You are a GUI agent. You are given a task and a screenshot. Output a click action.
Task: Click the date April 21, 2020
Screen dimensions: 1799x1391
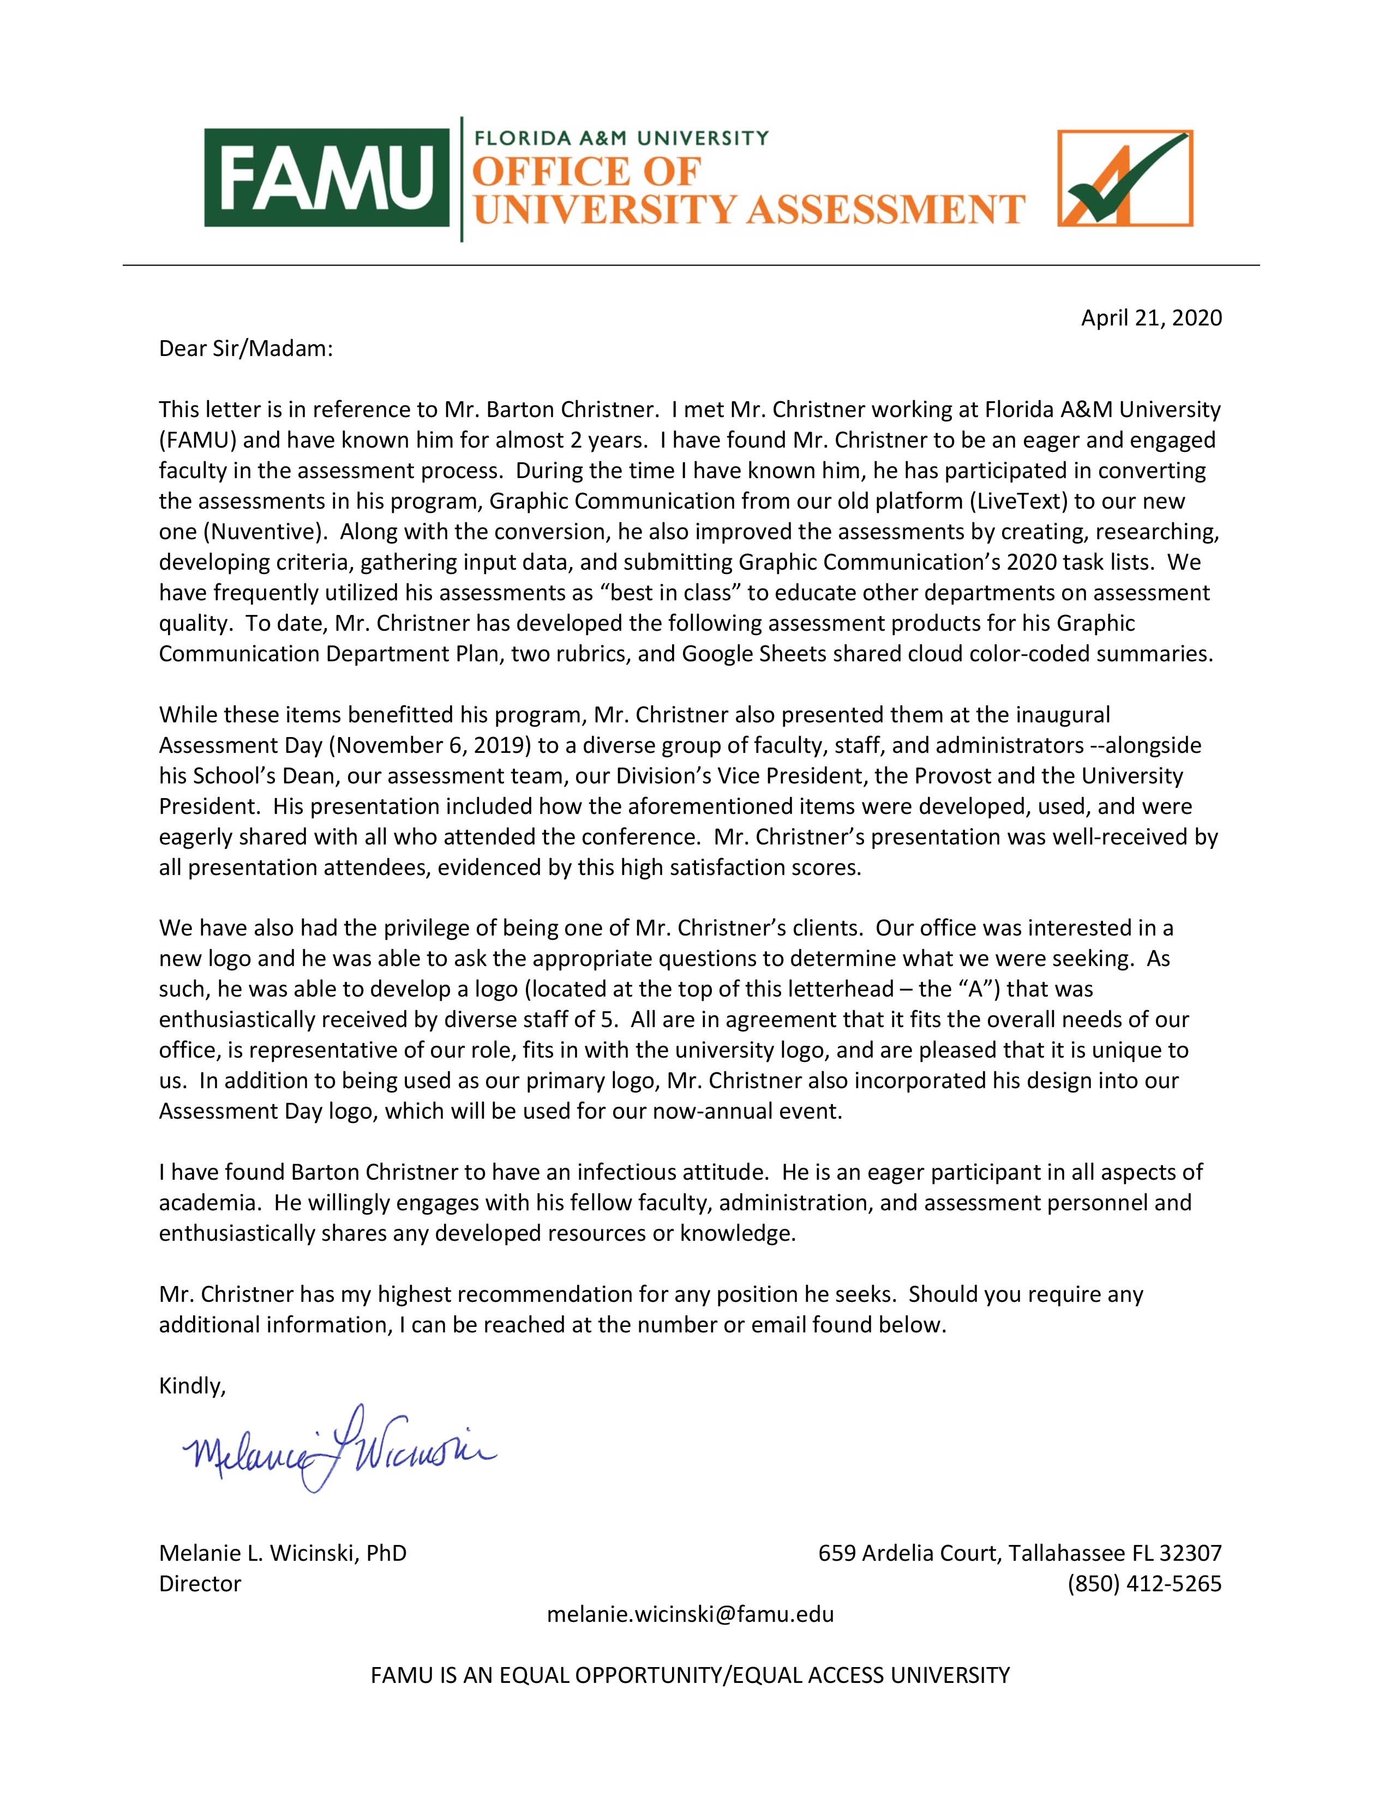tap(1150, 318)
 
